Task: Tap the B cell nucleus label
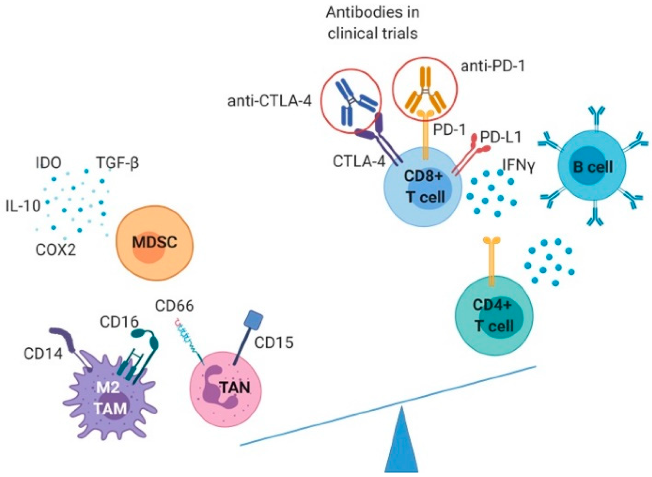tap(593, 167)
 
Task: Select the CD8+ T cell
tap(423, 187)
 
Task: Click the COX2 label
tap(56, 249)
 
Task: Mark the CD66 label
tap(174, 306)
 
